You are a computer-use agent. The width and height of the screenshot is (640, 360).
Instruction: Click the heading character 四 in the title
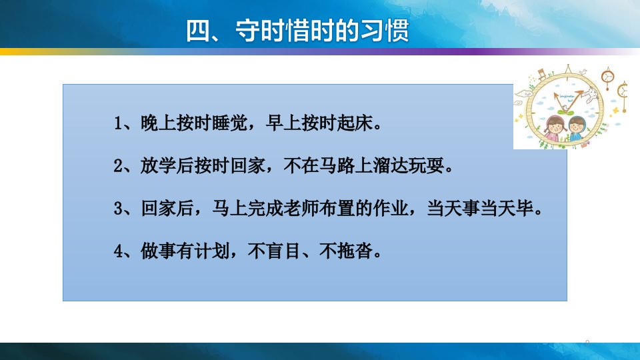pyautogui.click(x=198, y=31)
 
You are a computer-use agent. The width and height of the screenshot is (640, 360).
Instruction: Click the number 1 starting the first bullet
pyautogui.click(x=119, y=124)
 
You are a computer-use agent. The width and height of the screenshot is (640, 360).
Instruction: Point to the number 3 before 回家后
pyautogui.click(x=119, y=209)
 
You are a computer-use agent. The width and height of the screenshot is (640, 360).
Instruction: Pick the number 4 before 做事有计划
pyautogui.click(x=119, y=252)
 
